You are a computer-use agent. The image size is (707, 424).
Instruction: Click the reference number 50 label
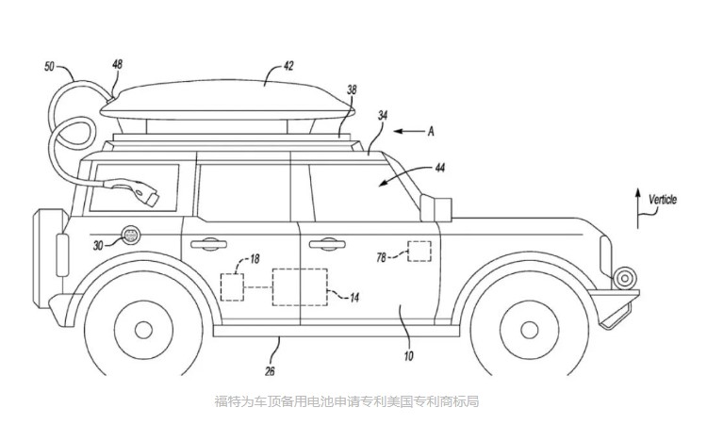[x=49, y=68]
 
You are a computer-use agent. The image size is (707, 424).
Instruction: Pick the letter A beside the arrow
[x=431, y=132]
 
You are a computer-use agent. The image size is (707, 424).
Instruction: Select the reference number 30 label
[x=99, y=243]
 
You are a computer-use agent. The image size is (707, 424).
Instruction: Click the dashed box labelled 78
[x=419, y=252]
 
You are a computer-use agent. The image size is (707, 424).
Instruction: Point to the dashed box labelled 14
[x=300, y=286]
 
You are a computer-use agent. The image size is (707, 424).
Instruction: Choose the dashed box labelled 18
[x=232, y=286]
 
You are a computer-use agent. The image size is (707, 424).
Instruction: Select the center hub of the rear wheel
[x=143, y=330]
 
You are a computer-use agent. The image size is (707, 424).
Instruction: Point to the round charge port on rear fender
[x=130, y=235]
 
